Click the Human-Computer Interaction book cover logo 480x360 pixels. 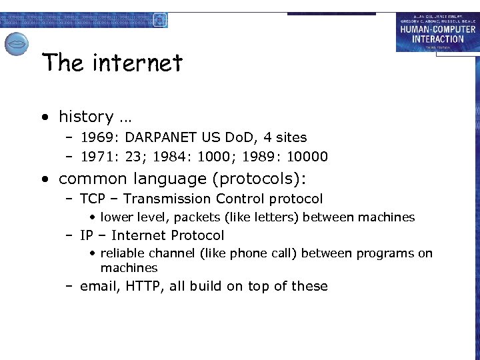coord(437,32)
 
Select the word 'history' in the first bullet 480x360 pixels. coord(86,117)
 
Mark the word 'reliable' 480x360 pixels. coord(123,253)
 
